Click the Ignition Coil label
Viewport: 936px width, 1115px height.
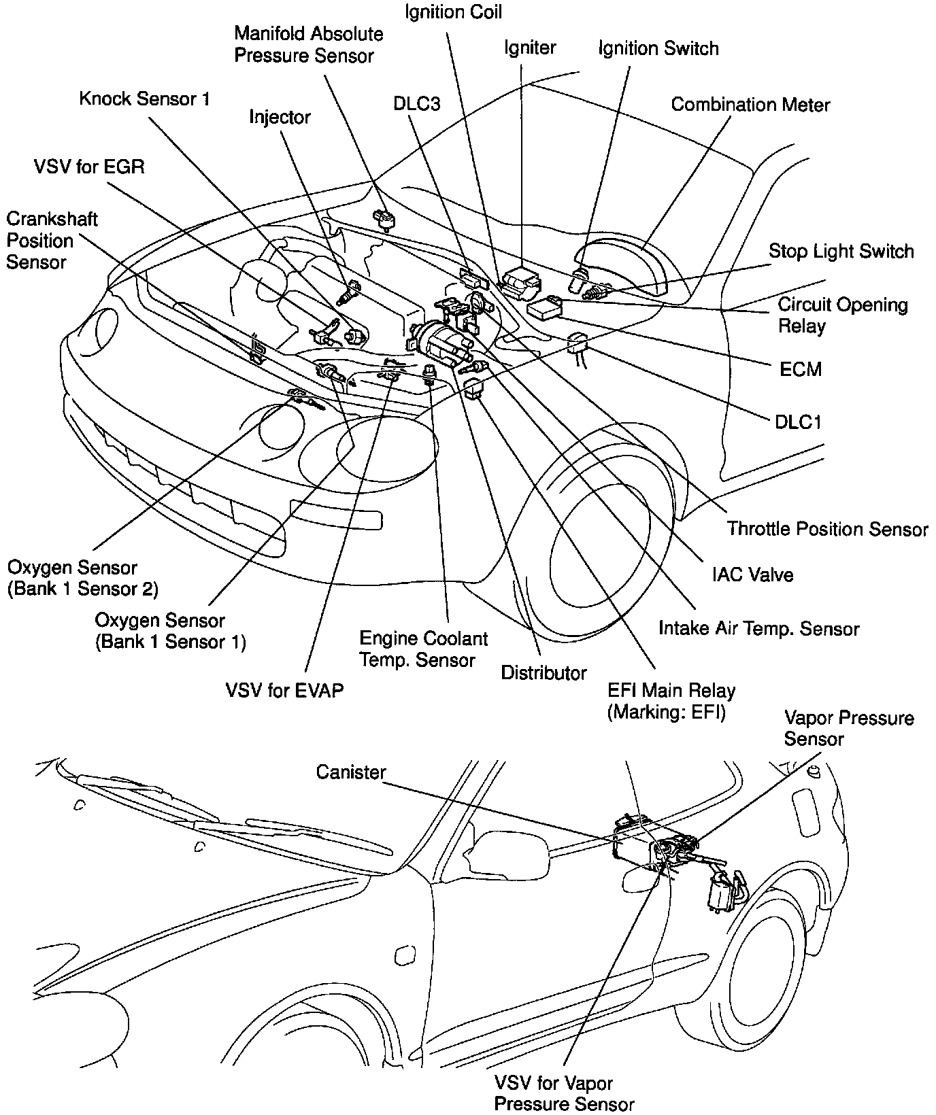point(453,12)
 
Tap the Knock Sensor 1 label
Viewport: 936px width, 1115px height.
point(144,99)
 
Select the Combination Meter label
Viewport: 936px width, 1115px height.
point(750,105)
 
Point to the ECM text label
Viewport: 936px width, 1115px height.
point(801,369)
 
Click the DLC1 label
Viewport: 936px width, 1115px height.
point(798,422)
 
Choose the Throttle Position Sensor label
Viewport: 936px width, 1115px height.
point(827,529)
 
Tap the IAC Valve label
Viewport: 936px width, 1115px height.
point(752,575)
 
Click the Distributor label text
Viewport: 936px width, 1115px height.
point(544,673)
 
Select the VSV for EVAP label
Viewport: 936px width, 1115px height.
point(284,691)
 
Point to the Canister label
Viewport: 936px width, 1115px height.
point(351,773)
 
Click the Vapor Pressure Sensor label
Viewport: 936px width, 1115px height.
point(848,729)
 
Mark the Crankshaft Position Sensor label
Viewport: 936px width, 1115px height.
point(52,241)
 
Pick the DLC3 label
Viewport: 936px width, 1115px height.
point(416,104)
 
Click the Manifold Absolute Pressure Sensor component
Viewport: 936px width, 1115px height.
point(384,219)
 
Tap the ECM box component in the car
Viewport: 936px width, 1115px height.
point(545,308)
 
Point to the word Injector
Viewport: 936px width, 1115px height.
point(280,118)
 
